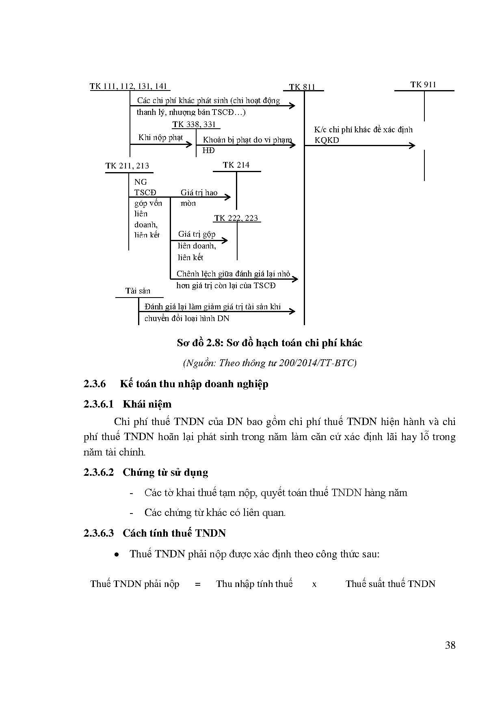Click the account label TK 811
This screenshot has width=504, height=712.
[x=302, y=87]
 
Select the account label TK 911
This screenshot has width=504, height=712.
[x=423, y=84]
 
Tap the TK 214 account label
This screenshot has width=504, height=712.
[x=236, y=165]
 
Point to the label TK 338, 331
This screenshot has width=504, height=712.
[x=194, y=124]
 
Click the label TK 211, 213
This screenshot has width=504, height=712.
[x=127, y=166]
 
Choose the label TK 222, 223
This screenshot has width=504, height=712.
[x=236, y=218]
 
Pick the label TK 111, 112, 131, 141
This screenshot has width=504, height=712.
[x=128, y=86]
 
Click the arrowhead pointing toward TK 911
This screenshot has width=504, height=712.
[x=412, y=145]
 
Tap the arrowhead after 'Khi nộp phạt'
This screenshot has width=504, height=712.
[x=189, y=144]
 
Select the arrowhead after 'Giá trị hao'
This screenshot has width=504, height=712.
[x=228, y=197]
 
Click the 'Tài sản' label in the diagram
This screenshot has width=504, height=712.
[x=138, y=291]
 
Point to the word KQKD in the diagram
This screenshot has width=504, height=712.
[x=327, y=140]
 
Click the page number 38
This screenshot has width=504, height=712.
[x=450, y=645]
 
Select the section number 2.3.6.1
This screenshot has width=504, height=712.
[x=99, y=404]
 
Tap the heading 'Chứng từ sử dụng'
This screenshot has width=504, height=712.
[x=165, y=472]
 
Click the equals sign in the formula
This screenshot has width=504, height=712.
[x=198, y=585]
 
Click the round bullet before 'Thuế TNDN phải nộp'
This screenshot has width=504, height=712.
[x=117, y=554]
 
